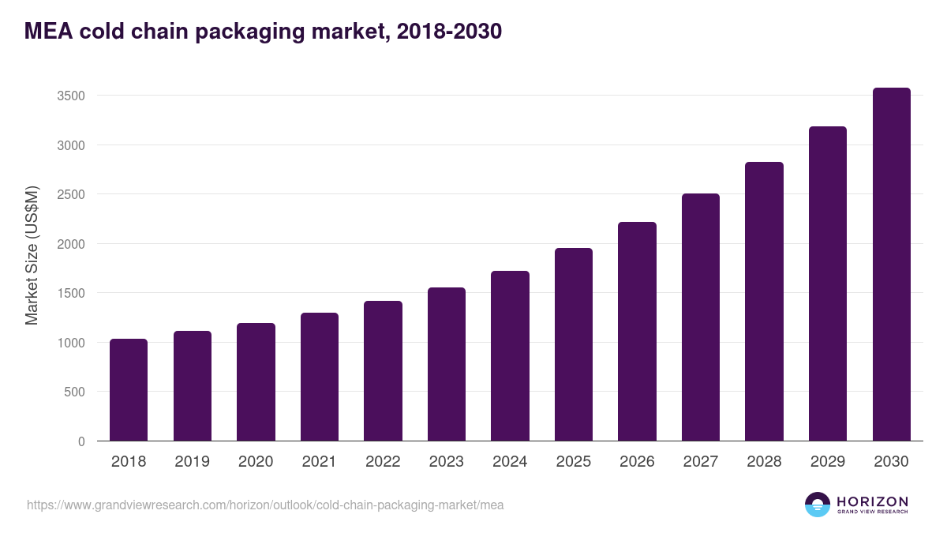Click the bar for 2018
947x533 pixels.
[129, 390]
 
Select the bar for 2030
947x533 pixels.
[891, 265]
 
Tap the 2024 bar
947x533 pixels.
[510, 356]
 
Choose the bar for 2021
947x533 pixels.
[320, 377]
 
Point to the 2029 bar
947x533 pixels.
[828, 283]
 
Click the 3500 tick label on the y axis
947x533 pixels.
[71, 96]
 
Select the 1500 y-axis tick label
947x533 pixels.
[71, 293]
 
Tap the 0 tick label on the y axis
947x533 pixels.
[81, 441]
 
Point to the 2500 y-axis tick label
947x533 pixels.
[71, 194]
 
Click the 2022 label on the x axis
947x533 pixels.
[383, 462]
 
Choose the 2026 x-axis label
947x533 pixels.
[637, 462]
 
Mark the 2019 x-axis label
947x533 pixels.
[192, 462]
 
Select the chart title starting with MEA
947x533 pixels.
[263, 32]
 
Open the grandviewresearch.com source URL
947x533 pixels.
[265, 505]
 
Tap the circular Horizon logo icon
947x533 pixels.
[818, 505]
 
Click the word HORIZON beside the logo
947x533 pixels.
[872, 501]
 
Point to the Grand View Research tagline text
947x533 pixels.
[872, 512]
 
